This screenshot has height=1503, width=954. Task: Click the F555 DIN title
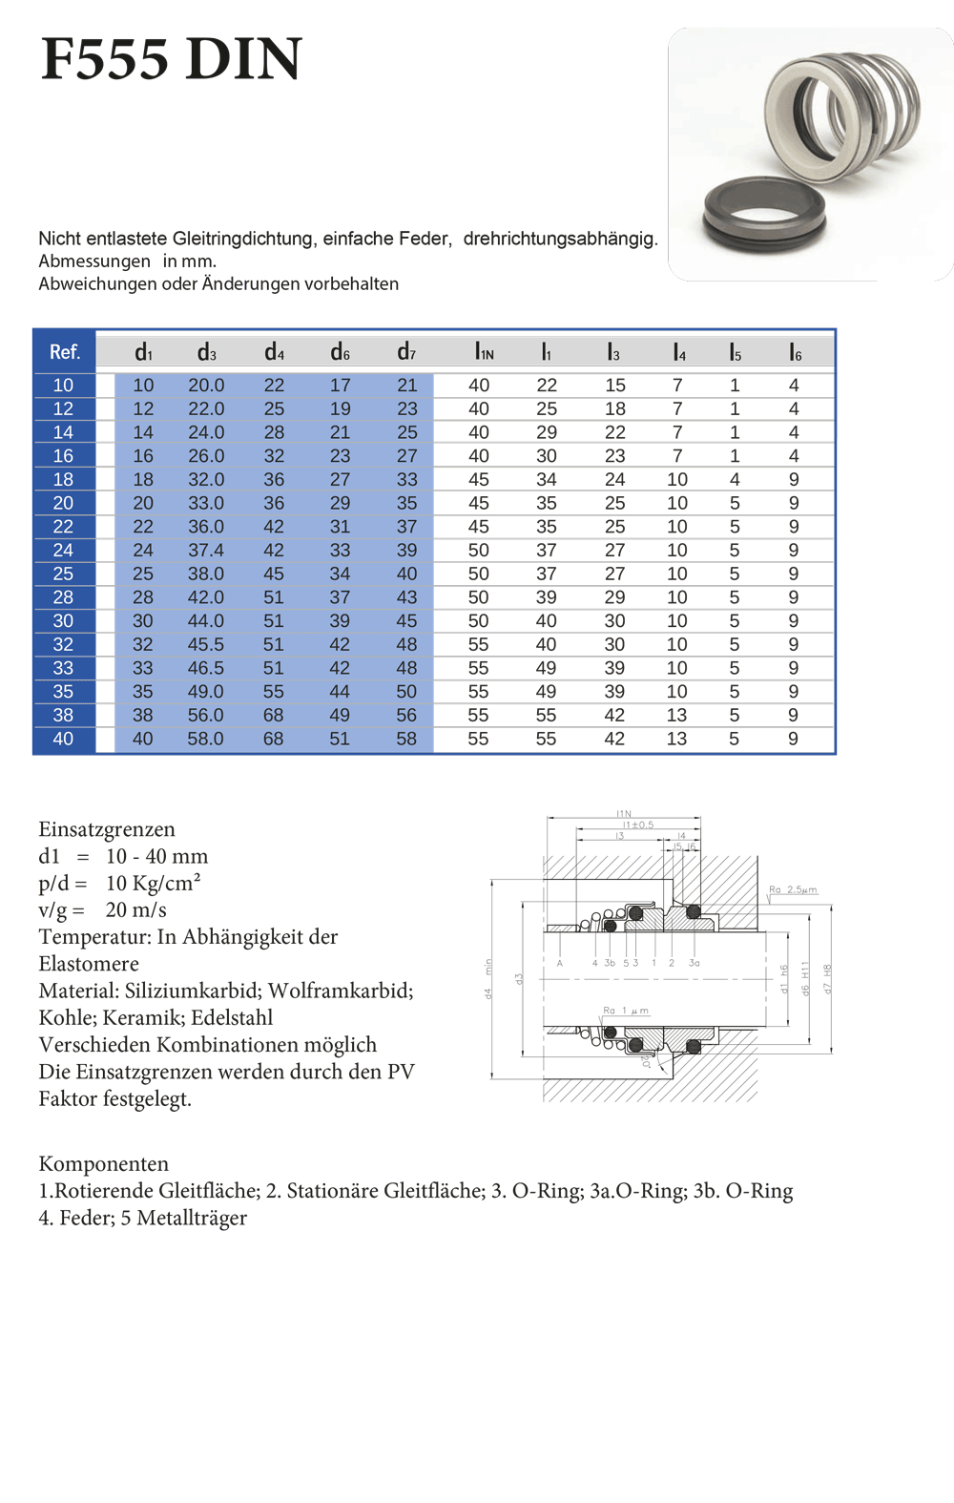click(172, 59)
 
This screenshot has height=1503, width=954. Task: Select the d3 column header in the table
click(206, 352)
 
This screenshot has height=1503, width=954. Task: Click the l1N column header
click(484, 352)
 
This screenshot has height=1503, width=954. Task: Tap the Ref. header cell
click(64, 352)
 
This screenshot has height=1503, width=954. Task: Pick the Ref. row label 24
click(63, 551)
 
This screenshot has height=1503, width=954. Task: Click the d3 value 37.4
click(206, 551)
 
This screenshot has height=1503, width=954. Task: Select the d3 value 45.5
click(206, 645)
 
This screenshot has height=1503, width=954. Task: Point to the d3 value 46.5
click(206, 668)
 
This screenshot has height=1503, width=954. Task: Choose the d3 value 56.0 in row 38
click(206, 716)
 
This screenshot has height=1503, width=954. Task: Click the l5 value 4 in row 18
click(735, 480)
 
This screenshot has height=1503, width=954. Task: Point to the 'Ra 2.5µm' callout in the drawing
click(793, 889)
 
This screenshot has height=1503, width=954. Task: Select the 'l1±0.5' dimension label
click(638, 825)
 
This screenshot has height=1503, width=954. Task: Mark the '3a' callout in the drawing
click(694, 963)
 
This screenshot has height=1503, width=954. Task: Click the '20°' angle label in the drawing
click(646, 1059)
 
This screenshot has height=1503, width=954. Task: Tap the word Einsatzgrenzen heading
click(107, 829)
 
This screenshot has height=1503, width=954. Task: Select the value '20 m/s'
click(135, 910)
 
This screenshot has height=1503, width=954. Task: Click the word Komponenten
click(104, 1164)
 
